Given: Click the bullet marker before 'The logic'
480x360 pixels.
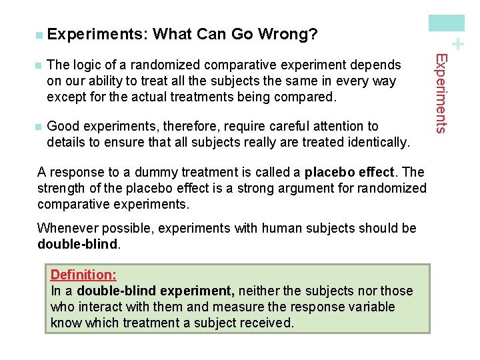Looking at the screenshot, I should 39,65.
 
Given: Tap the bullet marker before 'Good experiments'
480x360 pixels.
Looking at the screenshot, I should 39,127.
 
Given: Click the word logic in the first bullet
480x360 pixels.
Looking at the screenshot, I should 86,65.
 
